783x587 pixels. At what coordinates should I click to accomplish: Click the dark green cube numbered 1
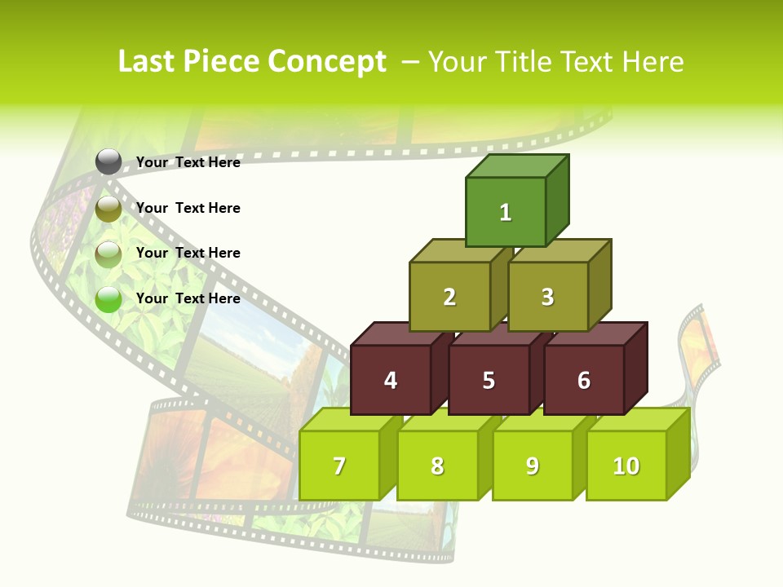506,212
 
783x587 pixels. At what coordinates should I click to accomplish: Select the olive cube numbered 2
449,297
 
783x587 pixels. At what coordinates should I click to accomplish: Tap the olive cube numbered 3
547,297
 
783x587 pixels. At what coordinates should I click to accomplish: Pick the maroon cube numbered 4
391,380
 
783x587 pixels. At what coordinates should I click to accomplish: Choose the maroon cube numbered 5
488,380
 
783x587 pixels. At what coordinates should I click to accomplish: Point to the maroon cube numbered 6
583,380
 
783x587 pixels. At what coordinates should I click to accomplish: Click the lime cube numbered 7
339,466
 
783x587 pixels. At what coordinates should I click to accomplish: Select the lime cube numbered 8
437,466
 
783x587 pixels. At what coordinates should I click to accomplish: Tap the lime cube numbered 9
532,466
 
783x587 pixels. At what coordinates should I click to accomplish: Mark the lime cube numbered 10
626,466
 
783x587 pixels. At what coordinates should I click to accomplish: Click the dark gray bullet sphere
108,162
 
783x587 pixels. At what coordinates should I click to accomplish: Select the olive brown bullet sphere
108,209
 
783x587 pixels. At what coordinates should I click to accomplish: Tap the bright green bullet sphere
108,299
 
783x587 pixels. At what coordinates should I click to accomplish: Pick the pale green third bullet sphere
108,254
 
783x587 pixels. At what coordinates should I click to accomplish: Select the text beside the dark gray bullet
188,162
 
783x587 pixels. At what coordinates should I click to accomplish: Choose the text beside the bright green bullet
188,298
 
